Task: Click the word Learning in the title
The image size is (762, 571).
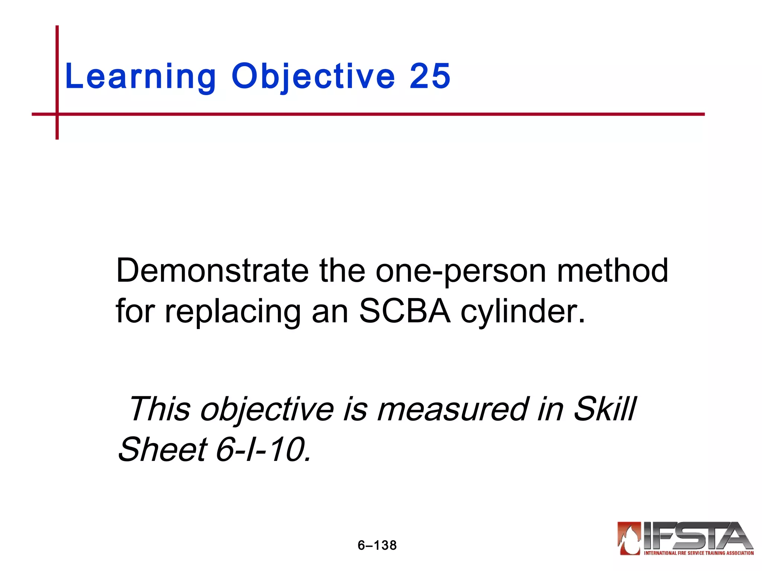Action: (140, 76)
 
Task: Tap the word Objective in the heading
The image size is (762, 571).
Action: (313, 76)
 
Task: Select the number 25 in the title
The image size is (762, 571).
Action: (430, 76)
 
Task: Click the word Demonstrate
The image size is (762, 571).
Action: (212, 271)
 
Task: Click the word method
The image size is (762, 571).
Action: (612, 271)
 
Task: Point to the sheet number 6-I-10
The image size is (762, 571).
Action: (263, 450)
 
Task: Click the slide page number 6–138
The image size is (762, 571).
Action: (377, 545)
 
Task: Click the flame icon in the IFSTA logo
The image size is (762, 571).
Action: (630, 538)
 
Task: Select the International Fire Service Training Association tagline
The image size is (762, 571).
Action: (698, 553)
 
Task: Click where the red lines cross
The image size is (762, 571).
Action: (57, 114)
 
